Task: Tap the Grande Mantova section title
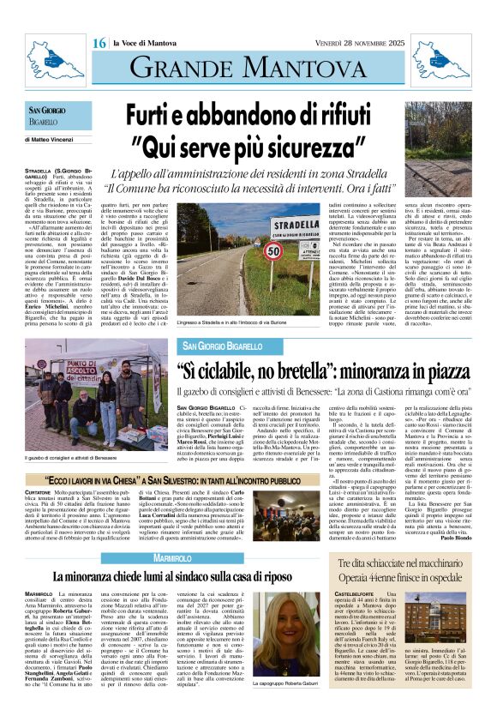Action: [248, 66]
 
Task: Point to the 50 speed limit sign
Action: [273, 252]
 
